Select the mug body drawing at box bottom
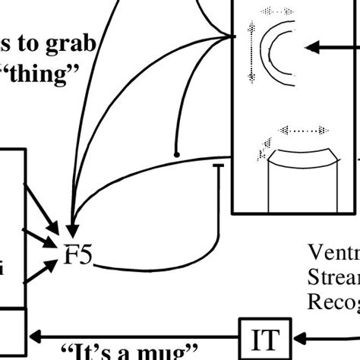304,182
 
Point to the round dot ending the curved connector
177,154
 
